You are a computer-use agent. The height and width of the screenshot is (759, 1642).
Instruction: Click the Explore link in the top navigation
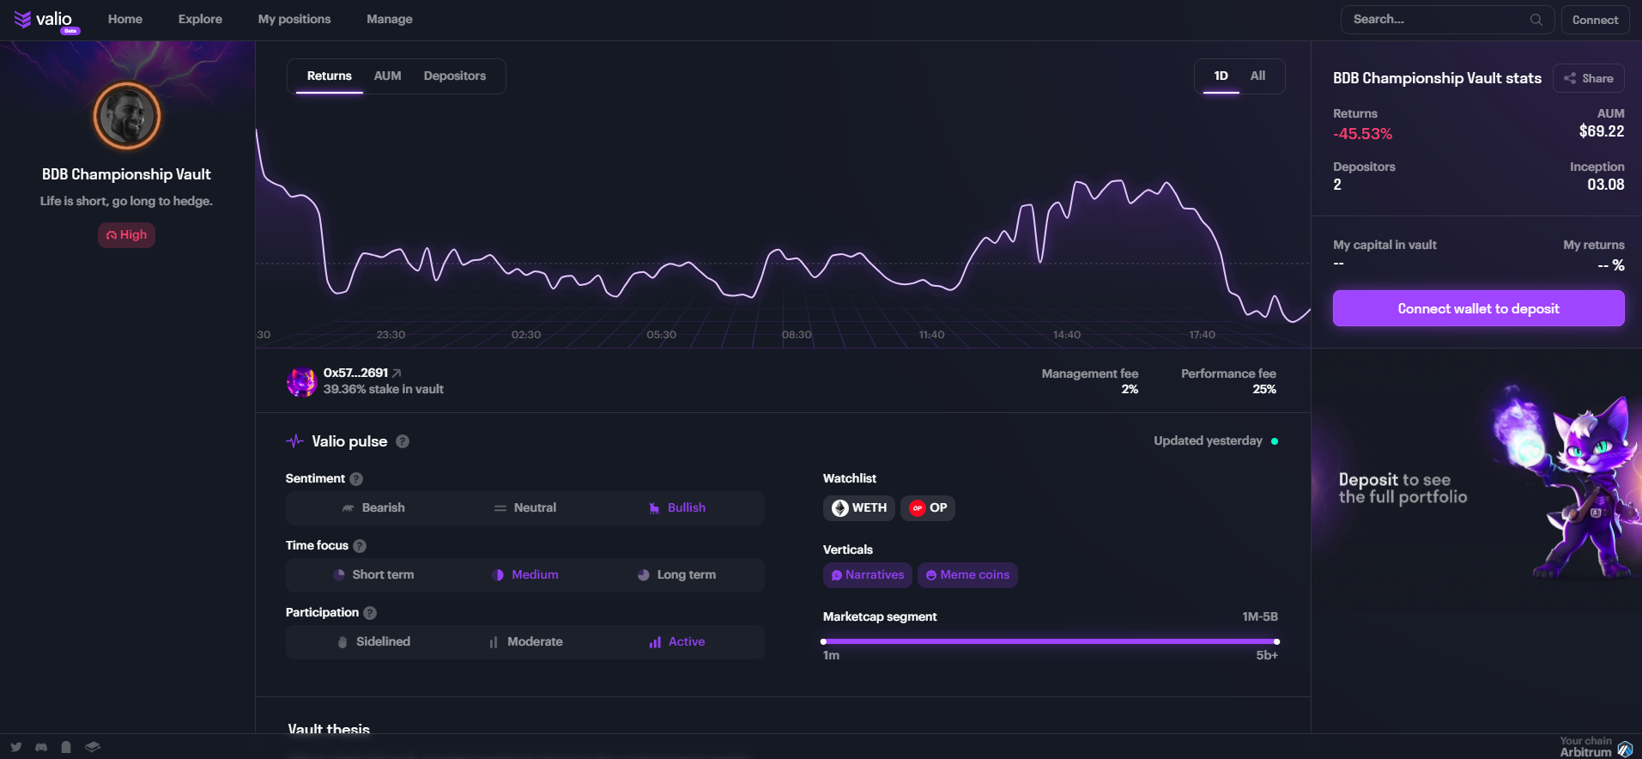[x=200, y=19]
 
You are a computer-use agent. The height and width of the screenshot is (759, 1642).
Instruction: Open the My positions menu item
[x=294, y=19]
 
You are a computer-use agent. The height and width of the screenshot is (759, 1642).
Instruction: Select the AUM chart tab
[x=387, y=76]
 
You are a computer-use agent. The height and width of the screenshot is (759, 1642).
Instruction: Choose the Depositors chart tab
[x=454, y=76]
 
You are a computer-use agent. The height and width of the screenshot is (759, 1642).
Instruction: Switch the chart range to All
[x=1257, y=76]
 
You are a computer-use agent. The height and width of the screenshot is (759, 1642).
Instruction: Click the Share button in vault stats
[x=1588, y=78]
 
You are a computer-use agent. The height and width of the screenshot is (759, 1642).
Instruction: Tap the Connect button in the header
[x=1595, y=20]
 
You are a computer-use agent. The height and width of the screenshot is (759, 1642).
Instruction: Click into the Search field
[x=1438, y=19]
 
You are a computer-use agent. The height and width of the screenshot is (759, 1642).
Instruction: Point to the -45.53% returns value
[x=1362, y=134]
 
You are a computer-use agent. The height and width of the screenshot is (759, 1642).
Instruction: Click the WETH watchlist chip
[x=859, y=507]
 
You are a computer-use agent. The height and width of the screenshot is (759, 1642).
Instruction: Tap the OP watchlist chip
[x=928, y=507]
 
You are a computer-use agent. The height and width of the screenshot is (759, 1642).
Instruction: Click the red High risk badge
[x=126, y=234]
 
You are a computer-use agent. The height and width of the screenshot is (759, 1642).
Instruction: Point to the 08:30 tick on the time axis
[x=796, y=335]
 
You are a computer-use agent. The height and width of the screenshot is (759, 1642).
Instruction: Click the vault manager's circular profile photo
[x=127, y=116]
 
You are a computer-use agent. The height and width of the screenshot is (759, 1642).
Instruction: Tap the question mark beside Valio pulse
[x=403, y=441]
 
